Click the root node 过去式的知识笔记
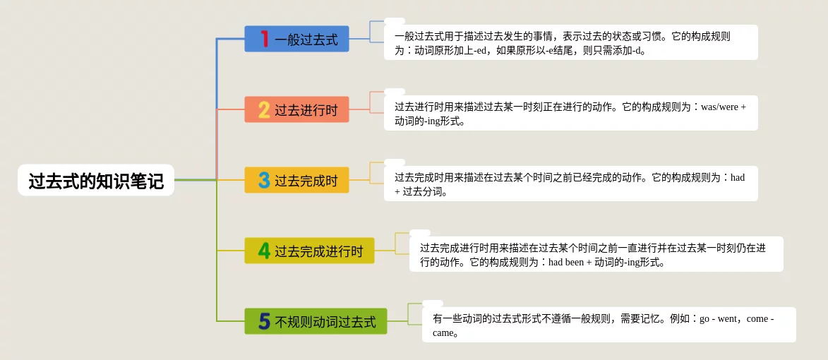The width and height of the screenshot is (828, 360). coord(96,181)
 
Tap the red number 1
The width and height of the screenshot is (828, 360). coord(265,39)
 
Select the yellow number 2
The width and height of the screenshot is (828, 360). coord(264,109)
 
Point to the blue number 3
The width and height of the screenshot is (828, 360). coord(264,180)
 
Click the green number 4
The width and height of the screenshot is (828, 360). coord(264,250)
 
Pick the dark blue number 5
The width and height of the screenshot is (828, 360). coord(265,321)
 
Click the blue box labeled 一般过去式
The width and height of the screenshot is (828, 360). coord(296,39)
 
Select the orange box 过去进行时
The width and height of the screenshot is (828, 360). coord(296,109)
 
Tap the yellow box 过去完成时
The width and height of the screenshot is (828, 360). coord(296,180)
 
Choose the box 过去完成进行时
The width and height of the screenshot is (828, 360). coord(309,250)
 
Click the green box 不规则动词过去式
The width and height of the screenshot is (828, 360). coord(316,321)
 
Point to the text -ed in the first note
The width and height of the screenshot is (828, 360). coord(485,52)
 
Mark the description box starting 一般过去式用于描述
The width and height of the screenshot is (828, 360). coord(571,42)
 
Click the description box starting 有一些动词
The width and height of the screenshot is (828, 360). coord(609,325)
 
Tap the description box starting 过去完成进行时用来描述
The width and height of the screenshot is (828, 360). coord(596,254)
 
